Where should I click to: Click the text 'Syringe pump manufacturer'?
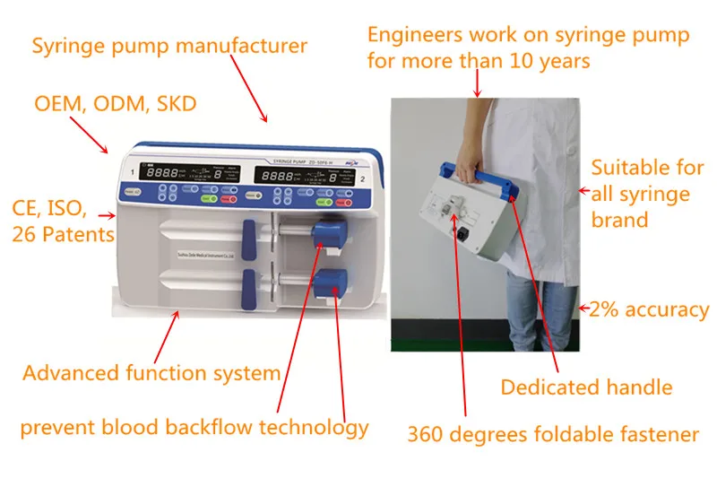coord(169,46)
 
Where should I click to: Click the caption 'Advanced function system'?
coord(151,372)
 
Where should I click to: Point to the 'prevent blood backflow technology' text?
coord(194,427)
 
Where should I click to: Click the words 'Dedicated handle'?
coord(586,387)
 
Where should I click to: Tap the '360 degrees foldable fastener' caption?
coord(553,435)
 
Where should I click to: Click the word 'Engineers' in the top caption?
coord(415,35)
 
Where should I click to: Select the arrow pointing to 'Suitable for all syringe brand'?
coord(582,190)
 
